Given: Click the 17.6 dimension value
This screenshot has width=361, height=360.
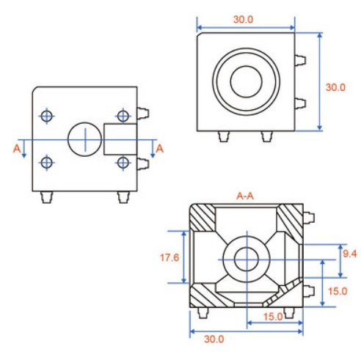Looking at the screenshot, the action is (x=169, y=257).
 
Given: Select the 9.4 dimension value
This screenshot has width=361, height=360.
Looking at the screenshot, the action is (x=350, y=254).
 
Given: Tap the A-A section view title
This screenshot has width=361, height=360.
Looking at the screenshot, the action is (x=245, y=196).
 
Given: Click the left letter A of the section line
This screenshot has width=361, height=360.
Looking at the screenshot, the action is (x=17, y=149).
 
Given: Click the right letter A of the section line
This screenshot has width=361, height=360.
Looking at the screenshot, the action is (x=159, y=149).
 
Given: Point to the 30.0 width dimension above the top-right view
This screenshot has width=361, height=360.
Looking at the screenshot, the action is (x=243, y=19).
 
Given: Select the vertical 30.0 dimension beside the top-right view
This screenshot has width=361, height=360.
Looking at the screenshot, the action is (x=335, y=87).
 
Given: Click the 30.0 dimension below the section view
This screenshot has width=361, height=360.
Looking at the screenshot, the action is (x=214, y=339).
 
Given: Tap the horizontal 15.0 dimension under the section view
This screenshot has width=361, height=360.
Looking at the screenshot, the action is (x=273, y=317).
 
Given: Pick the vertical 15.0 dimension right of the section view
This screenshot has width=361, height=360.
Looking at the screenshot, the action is (x=338, y=291).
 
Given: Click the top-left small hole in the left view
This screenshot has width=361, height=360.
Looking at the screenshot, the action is (x=46, y=116).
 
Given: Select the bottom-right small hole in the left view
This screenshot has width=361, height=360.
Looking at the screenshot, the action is (x=123, y=163).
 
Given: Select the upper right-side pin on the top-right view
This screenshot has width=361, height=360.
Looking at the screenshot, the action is (x=300, y=60).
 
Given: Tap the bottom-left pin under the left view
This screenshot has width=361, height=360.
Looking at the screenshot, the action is (x=46, y=197).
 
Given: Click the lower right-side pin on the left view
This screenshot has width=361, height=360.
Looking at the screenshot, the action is (x=143, y=164).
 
